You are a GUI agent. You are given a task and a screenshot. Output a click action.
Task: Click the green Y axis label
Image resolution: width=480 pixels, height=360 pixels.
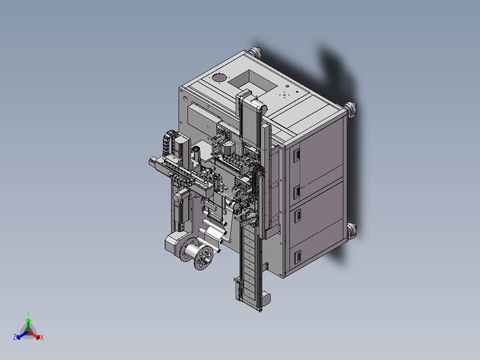(x=28, y=313)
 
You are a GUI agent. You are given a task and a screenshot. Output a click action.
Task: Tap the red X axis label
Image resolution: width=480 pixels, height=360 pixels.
(x=42, y=337)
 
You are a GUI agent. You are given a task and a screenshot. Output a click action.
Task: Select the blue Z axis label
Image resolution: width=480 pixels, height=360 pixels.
(x=15, y=337)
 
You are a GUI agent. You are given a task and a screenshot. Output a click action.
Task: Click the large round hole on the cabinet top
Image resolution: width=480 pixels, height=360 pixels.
(x=219, y=78)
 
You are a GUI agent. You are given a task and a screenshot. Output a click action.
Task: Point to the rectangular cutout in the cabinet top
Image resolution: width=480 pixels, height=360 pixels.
(x=252, y=81)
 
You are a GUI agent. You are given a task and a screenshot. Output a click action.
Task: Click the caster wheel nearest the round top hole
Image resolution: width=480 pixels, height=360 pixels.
(x=256, y=52)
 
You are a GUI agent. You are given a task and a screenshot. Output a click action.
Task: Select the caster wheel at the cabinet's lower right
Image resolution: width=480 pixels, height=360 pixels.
(x=352, y=230)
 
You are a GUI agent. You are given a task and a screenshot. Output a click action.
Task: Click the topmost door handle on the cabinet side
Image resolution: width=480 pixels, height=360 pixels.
(x=297, y=155)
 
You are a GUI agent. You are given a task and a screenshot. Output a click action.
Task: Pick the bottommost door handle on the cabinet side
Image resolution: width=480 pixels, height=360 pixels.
(x=297, y=257)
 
